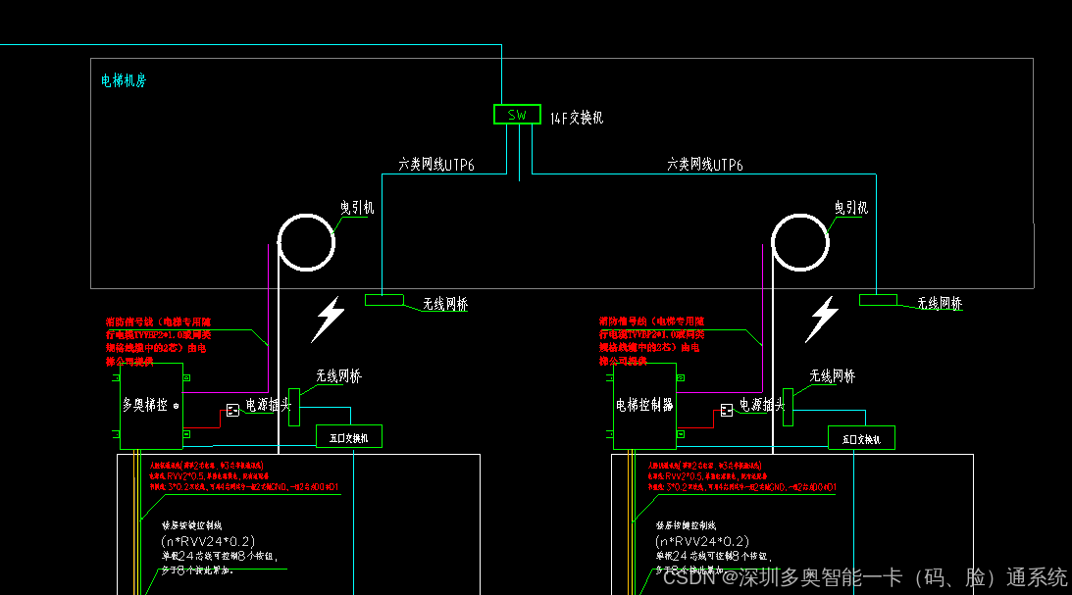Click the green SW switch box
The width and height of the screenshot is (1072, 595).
517,115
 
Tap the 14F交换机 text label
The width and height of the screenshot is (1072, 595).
576,118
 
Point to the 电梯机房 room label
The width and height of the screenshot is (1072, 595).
124,80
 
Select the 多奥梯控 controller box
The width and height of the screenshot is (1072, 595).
151,405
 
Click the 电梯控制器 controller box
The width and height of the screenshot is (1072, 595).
644,405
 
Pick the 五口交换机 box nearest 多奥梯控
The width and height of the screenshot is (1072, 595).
348,437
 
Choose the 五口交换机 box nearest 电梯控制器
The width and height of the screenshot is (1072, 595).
861,438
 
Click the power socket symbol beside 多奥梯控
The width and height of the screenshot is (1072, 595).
232,410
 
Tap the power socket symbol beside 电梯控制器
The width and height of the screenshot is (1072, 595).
727,410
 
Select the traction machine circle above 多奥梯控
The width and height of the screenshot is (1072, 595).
306,240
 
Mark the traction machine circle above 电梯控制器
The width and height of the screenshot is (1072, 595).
800,240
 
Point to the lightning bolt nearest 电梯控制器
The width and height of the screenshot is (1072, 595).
822,320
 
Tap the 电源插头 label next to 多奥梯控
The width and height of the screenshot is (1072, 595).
269,404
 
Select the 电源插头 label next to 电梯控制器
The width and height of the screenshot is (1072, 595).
763,404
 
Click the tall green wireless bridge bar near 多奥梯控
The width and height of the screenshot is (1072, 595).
293,406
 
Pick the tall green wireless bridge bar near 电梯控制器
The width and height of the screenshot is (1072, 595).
788,406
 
